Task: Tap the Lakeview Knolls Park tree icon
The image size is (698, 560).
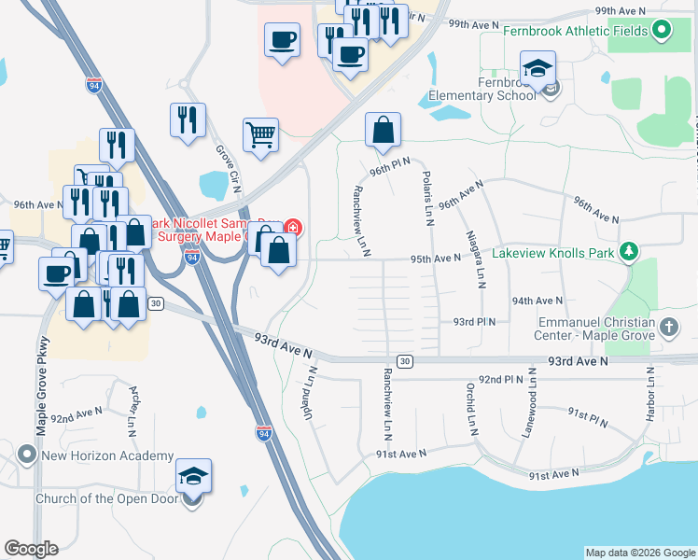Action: tap(630, 251)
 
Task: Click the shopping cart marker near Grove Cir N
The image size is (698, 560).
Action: tap(260, 134)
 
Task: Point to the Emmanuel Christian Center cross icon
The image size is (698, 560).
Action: tap(668, 327)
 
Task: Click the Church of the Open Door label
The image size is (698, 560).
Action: tap(105, 497)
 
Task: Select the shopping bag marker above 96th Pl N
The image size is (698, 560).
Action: tap(383, 131)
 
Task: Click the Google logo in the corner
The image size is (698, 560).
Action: tap(31, 549)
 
